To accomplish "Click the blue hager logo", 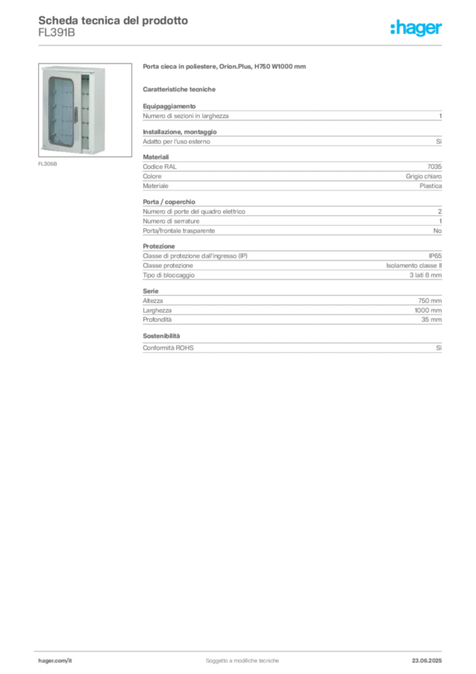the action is pos(417,28).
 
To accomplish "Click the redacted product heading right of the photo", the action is pos(225,67).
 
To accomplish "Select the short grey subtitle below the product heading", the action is pos(181,88).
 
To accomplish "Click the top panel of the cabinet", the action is pos(72,68).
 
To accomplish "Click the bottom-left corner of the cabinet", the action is pos(43,152).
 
